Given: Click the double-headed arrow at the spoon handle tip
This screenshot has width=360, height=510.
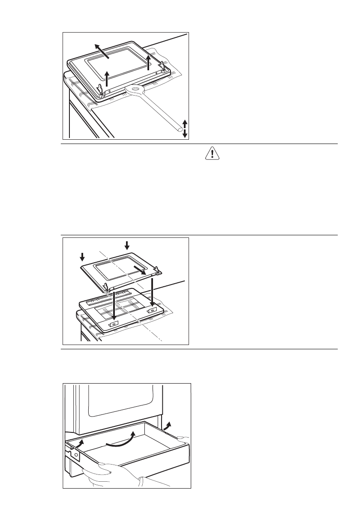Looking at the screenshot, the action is pos(185,129).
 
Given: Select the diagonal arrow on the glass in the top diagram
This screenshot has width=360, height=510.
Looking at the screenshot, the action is pos(102,51).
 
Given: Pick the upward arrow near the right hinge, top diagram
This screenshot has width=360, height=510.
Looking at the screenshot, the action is pos(148,62).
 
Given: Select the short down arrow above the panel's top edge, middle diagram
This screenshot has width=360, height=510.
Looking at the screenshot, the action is pos(126,245).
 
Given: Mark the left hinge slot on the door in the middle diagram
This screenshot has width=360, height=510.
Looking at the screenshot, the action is pos(113,324).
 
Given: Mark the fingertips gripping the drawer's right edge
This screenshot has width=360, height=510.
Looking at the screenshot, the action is pos(182,438).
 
